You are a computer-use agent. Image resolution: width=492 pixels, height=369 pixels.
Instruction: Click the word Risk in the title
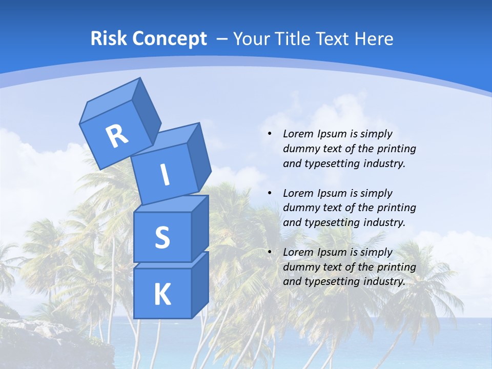coord(109,39)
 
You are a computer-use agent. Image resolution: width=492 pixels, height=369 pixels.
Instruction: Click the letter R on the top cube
coord(117,135)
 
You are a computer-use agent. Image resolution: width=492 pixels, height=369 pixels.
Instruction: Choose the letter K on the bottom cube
coord(162,294)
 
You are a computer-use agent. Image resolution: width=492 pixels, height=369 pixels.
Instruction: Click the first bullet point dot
coord(270,134)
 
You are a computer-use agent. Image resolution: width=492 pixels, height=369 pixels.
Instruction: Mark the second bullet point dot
coord(270,193)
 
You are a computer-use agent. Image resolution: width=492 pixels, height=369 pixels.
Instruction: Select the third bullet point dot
coord(270,252)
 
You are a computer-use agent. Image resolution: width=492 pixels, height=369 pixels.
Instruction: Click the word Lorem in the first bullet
coord(297,134)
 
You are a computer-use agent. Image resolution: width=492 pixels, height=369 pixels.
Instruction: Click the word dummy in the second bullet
coord(301,208)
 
